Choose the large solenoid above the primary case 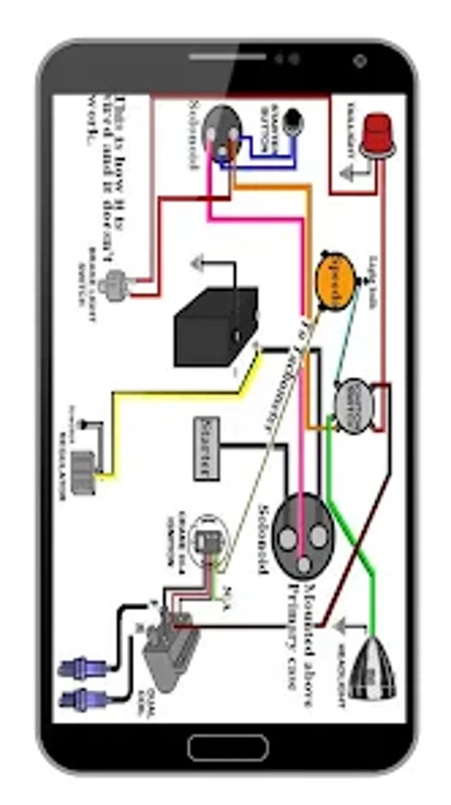coord(303,536)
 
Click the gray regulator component coord(84,472)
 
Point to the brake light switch coord(113,285)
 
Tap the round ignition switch coord(354,404)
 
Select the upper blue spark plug coord(82,666)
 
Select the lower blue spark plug coord(82,699)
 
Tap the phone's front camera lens coord(360,61)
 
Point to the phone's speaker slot coord(228,57)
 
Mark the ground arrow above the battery coord(199,263)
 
